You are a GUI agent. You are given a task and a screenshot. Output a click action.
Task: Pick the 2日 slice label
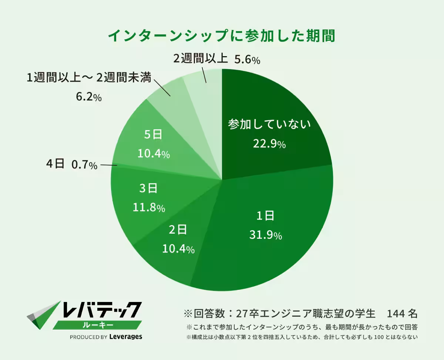point(178,230)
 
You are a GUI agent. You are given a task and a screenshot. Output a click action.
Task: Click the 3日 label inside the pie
point(148,189)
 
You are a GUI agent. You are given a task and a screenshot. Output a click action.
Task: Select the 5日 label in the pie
point(153,135)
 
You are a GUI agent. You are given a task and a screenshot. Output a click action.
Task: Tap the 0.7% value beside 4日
point(84,165)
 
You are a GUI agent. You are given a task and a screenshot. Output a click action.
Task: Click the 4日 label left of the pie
point(55,164)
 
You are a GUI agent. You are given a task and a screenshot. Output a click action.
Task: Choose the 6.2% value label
point(88,97)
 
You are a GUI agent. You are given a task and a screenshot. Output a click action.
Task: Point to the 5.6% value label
point(248,60)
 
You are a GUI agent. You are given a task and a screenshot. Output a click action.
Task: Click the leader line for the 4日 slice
point(108,165)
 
